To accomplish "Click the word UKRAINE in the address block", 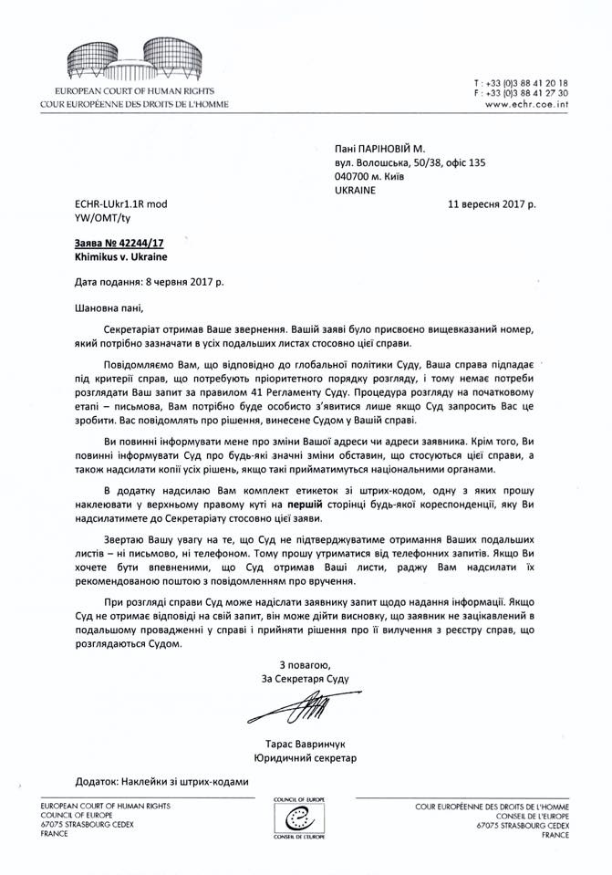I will pyautogui.click(x=357, y=192).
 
